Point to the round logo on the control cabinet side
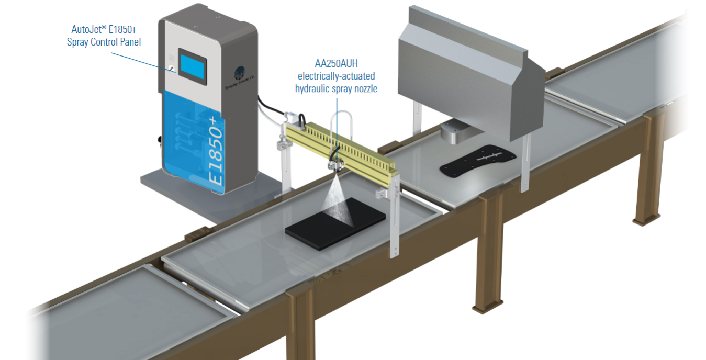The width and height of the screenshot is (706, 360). click(240, 72)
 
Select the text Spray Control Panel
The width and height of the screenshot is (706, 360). click(104, 42)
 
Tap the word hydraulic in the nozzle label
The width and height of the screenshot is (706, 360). click(312, 89)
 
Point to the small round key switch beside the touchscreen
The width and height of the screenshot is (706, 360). click(171, 67)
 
